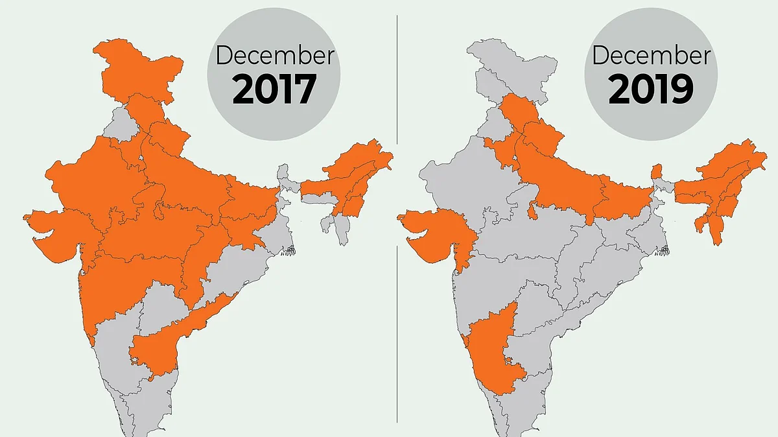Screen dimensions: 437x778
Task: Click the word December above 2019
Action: [x=650, y=55]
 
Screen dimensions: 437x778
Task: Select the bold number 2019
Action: [x=650, y=89]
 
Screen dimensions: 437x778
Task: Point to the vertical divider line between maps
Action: [x=397, y=259]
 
